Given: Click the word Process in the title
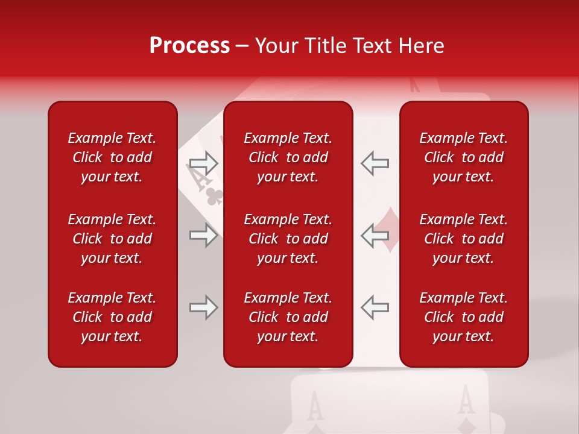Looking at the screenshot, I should (189, 46).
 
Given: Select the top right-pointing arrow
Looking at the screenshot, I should (203, 163).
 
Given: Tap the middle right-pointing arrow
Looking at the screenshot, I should (203, 235).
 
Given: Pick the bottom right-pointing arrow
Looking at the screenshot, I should (203, 307).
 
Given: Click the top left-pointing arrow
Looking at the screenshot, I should (375, 163).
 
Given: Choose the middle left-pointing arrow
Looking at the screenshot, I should (375, 235).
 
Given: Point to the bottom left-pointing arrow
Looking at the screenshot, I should (375, 307).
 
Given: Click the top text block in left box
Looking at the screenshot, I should (112, 157).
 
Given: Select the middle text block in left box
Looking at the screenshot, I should (112, 239).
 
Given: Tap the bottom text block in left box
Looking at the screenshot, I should (112, 317).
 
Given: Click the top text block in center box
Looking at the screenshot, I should (288, 157).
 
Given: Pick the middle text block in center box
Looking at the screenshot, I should (288, 239).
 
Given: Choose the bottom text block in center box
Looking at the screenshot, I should (288, 317).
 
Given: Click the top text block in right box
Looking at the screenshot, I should (464, 157).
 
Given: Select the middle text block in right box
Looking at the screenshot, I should (464, 239).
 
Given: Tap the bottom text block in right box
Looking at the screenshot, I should (464, 317).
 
